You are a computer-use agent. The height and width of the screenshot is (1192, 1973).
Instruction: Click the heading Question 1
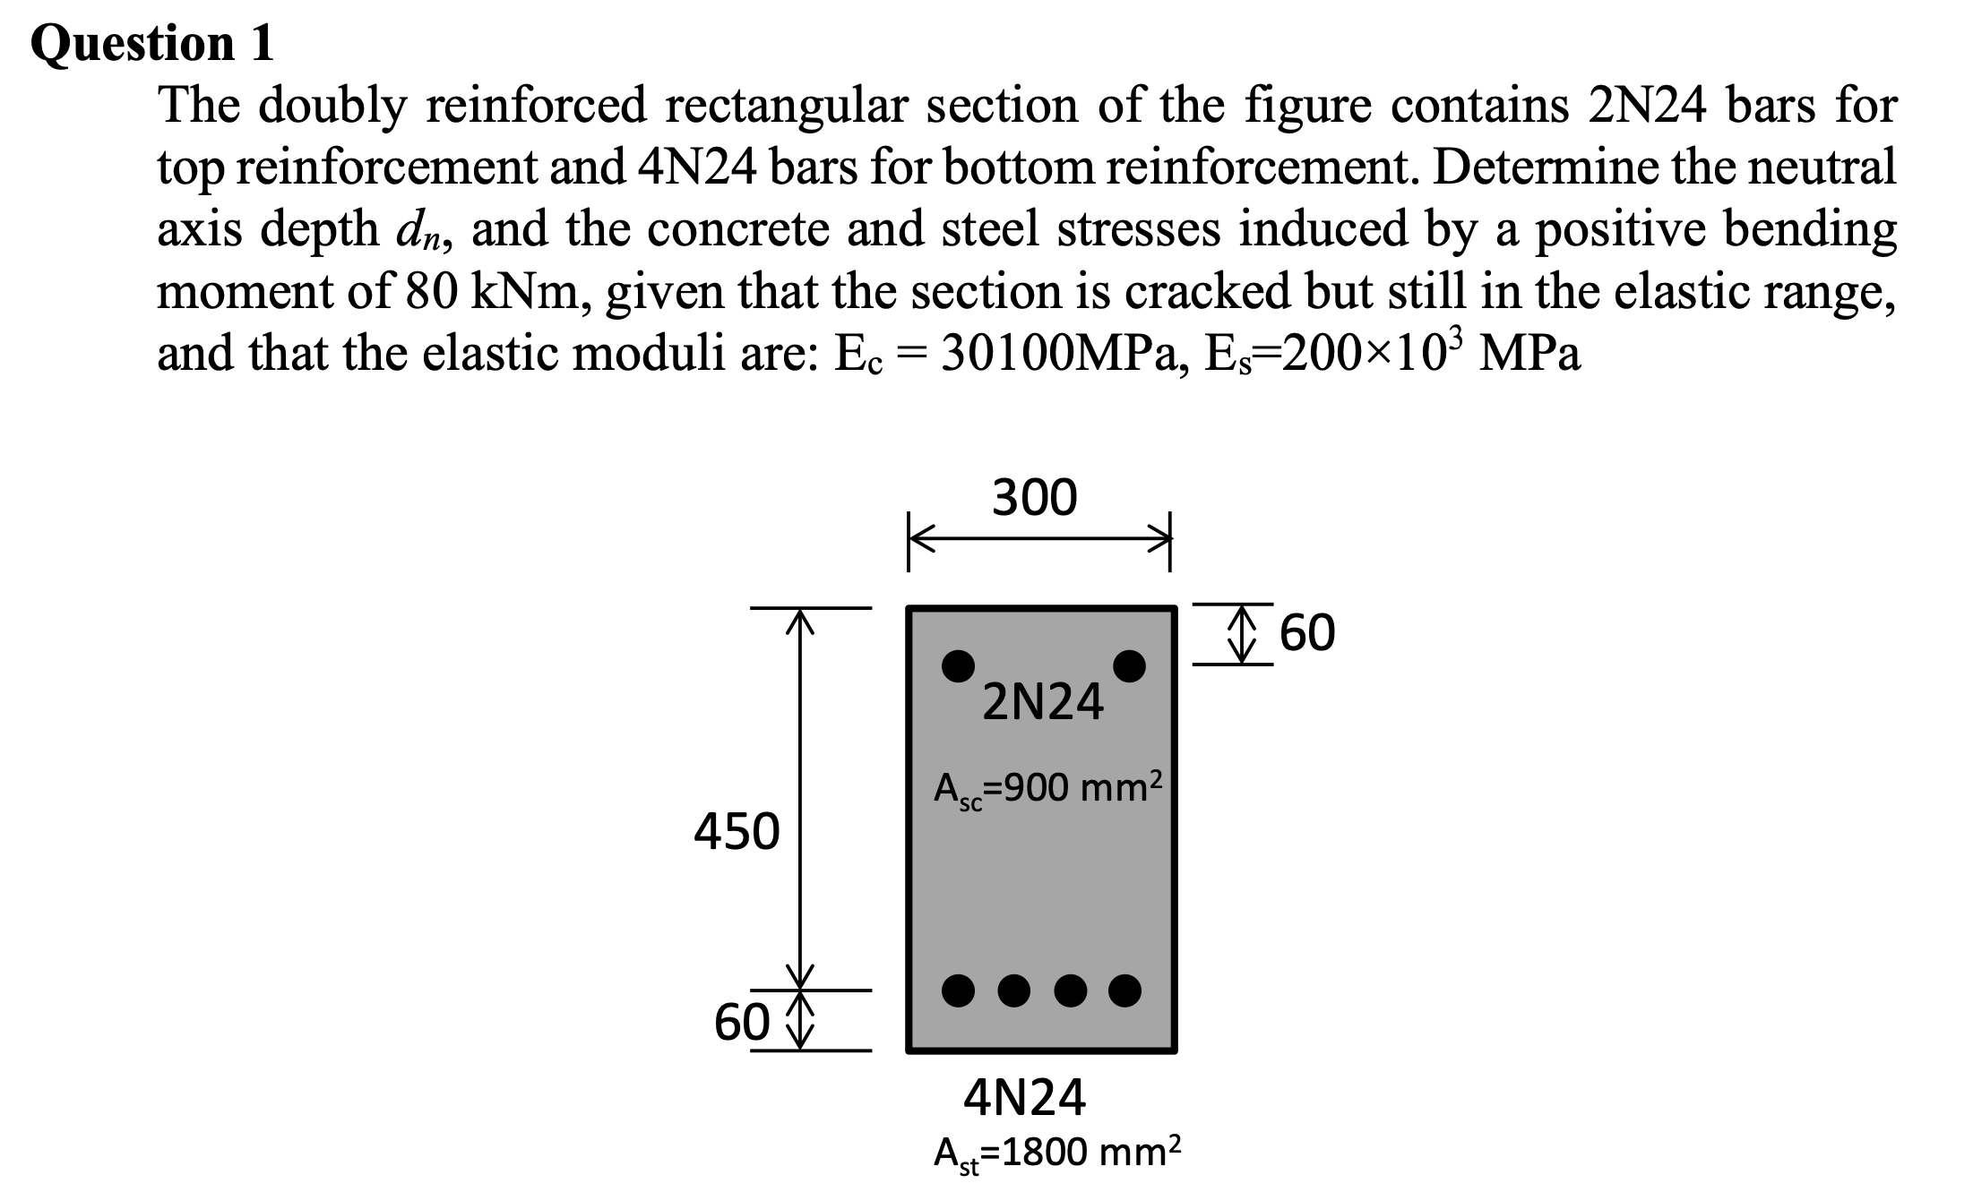(152, 43)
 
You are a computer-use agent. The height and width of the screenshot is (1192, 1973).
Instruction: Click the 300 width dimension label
(1035, 498)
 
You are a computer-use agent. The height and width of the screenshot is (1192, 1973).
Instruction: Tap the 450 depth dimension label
(737, 832)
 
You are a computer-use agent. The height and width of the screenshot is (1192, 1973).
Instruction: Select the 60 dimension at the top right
(1307, 633)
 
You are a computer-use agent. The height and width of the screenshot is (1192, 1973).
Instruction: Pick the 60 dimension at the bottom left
(741, 1022)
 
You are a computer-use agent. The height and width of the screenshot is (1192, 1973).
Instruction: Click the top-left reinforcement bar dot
(959, 665)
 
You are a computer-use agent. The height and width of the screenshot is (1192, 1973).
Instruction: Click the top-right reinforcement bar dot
(1129, 665)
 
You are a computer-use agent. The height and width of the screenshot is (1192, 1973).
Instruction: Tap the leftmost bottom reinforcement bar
(959, 990)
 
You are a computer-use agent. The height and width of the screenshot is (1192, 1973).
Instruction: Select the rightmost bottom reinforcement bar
(1125, 990)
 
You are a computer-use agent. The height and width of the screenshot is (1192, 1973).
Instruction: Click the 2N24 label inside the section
(1043, 703)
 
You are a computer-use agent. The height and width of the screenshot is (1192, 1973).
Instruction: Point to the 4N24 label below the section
(1024, 1098)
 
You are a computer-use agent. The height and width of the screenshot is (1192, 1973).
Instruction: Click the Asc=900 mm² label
(1047, 789)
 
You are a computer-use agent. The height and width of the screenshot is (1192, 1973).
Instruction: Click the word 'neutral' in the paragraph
(1828, 168)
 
